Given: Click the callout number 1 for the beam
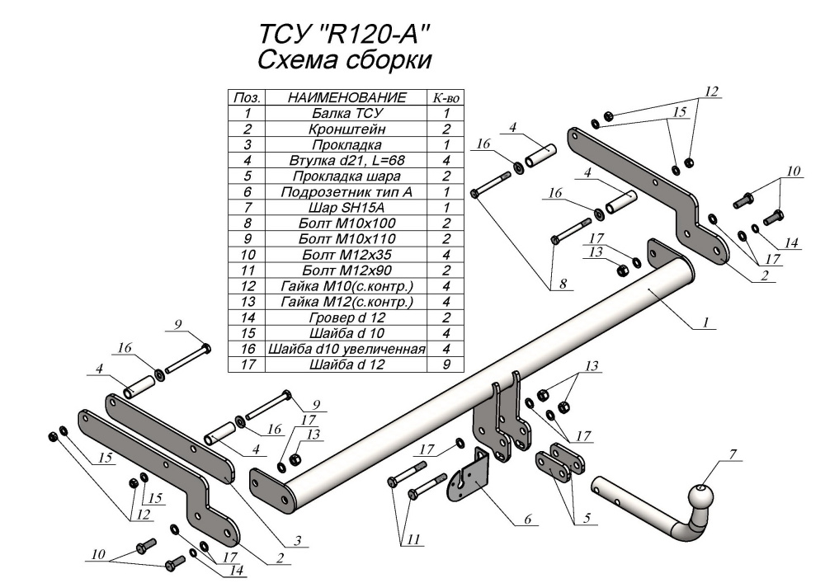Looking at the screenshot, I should pos(706,323).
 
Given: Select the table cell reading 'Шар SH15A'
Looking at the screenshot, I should pos(346,207).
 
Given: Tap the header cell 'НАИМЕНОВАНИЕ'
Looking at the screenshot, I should pos(346,98).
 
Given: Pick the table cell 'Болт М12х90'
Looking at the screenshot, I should pos(346,270).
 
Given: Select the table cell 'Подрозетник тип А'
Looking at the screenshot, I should pos(346,191).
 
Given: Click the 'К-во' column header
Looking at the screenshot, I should pos(445,98).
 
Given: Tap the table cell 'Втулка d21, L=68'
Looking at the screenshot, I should pos(346,160).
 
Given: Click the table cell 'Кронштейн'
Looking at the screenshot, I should pos(346,129).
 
